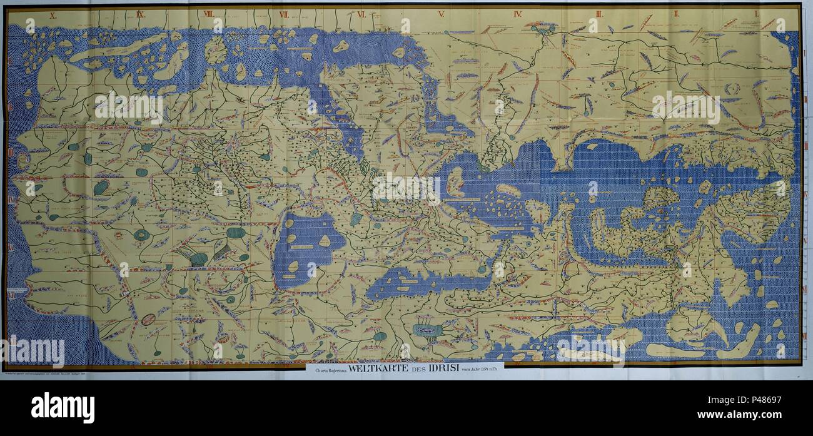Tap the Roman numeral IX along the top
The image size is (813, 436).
coord(140,13)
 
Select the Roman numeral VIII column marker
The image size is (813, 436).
coord(208,13)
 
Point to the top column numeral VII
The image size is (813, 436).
coord(283,13)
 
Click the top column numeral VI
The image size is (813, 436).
coord(361,13)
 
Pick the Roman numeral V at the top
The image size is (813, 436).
coord(441,13)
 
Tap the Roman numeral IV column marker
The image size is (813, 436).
coord(517,13)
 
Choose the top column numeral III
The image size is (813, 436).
coord(599,13)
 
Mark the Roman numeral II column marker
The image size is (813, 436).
coord(677,13)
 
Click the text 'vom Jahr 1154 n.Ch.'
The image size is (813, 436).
coord(481,369)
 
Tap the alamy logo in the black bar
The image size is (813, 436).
coord(63,407)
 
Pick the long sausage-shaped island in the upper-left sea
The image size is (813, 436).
coord(119,48)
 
